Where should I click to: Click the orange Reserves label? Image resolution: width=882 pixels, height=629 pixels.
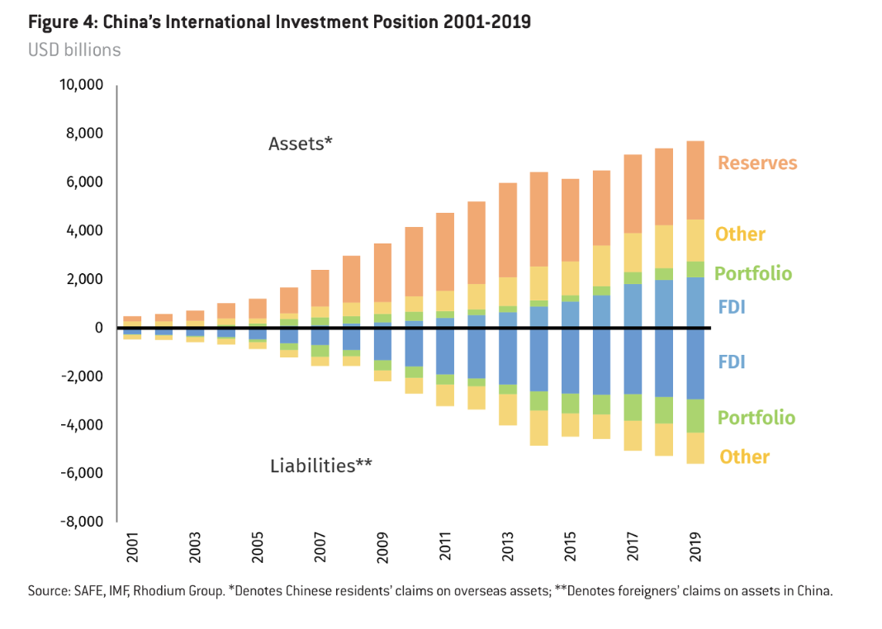pos(757,163)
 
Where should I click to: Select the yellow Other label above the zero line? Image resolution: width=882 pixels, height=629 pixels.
pos(740,234)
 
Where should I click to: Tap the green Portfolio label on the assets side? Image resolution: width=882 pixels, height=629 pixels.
pos(752,274)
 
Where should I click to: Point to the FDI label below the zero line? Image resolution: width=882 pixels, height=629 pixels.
pos(731,362)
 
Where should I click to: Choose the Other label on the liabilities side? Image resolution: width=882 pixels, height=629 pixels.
pos(744,457)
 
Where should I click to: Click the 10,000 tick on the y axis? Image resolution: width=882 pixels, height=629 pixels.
pos(79,85)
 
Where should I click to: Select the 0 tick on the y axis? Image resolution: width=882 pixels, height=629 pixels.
pos(97,328)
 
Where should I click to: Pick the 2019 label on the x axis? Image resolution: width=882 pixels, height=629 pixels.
pos(695,549)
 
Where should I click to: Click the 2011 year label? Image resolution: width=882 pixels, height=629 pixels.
pos(445,549)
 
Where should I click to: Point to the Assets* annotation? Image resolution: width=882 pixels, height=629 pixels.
pos(301,144)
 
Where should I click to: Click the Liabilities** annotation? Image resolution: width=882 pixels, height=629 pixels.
pos(320,466)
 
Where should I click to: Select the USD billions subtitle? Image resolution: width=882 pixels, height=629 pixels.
pos(74,50)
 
